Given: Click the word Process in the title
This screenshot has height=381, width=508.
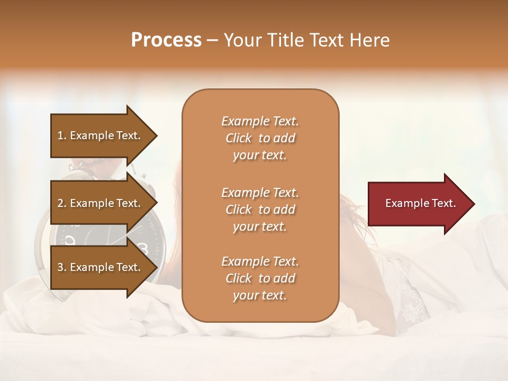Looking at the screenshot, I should pos(166,40).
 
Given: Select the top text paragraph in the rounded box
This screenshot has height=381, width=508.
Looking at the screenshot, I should pos(260,138).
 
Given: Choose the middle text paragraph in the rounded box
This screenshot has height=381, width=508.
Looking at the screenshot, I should pos(260,210).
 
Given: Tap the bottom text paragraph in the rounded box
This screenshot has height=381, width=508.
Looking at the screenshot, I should pos(260,278).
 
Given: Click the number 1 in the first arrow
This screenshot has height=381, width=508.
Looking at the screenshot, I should pos(60,135).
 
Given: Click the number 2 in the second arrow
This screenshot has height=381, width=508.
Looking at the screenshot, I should pos(60,203).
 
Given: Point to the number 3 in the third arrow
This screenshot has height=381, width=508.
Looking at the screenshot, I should pos(60,267).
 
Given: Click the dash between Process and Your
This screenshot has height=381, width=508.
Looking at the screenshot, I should pos(212,40).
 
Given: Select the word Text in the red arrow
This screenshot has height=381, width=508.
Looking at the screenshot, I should pos(443,203).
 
